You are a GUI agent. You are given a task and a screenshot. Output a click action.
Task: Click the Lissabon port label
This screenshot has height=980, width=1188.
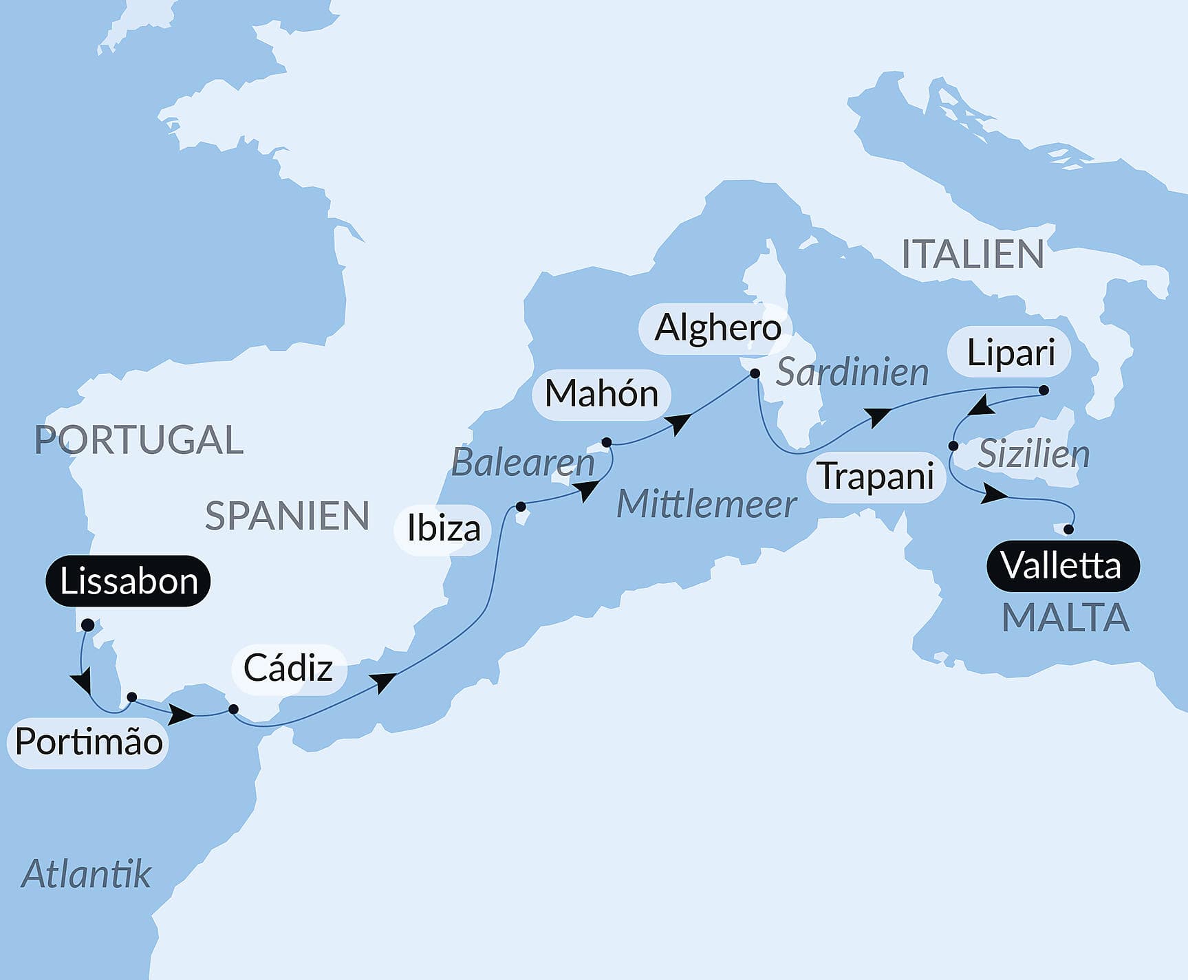(x=128, y=581)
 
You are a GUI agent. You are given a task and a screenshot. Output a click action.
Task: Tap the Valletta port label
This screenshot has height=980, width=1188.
(x=1062, y=566)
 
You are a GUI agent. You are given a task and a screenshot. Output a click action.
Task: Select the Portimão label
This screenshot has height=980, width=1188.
(x=89, y=742)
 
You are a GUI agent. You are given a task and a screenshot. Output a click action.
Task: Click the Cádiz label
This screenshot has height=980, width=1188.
(x=288, y=668)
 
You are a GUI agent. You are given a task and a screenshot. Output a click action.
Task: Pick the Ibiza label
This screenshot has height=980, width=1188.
(x=443, y=529)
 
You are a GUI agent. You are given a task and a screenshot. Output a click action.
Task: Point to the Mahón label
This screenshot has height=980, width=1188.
(x=601, y=394)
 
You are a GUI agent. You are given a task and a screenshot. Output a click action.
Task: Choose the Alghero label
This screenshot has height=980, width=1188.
(x=717, y=328)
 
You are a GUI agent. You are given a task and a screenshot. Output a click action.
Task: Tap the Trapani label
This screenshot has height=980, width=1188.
(x=876, y=477)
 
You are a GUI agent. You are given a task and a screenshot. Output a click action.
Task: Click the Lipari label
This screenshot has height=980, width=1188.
(x=1010, y=353)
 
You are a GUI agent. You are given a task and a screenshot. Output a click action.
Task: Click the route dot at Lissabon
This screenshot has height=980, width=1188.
(x=87, y=625)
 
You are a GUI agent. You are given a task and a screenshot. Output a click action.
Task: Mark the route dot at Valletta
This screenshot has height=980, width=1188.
(x=1068, y=530)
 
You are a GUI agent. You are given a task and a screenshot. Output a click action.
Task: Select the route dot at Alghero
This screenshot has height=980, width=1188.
(x=755, y=373)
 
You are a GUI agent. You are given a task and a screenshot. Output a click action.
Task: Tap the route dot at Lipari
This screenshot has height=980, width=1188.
(x=1043, y=391)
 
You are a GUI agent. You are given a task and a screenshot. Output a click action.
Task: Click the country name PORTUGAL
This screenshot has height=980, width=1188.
(x=139, y=440)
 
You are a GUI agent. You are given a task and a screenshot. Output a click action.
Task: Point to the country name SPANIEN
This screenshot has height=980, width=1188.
(x=287, y=516)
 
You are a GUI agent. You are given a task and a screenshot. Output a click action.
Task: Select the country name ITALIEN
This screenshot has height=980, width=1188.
(x=973, y=254)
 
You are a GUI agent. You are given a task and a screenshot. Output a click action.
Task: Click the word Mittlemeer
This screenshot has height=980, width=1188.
(x=706, y=505)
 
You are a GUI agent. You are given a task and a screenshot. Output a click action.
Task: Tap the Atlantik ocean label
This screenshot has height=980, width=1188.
(x=86, y=874)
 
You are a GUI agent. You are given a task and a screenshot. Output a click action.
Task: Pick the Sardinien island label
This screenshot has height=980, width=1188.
(x=852, y=373)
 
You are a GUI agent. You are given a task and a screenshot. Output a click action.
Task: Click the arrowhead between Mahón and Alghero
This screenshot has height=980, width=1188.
(x=680, y=424)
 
